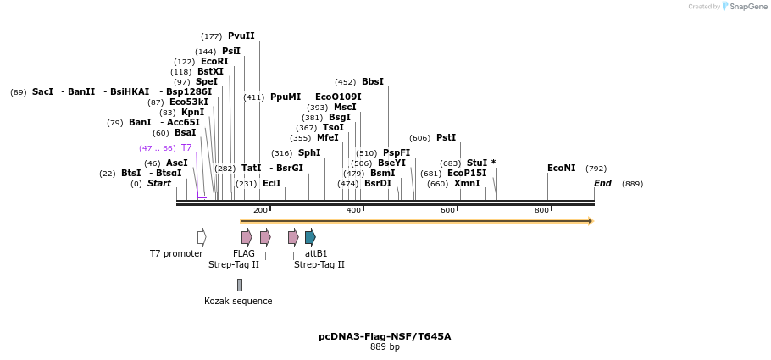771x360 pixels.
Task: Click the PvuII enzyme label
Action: pos(241,36)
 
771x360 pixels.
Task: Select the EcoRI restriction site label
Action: pos(214,62)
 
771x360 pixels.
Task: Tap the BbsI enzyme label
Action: pos(372,82)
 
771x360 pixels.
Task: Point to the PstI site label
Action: pos(446,138)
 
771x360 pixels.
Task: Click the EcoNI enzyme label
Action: pos(561,169)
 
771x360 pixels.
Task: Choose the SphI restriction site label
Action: pos(309,153)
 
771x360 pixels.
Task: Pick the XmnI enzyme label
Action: pos(466,184)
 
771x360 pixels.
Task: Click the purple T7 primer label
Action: pos(186,148)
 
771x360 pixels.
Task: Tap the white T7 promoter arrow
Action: pos(202,237)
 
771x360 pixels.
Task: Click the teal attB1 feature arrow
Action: pos(310,237)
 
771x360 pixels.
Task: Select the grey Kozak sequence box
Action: pos(240,285)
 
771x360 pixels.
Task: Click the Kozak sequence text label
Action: pos(238,301)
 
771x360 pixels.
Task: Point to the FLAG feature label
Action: pos(244,253)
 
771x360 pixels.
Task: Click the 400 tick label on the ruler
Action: pos(354,210)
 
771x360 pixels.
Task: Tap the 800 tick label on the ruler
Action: pos(541,210)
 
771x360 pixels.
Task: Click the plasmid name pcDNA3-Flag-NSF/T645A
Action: pos(385,336)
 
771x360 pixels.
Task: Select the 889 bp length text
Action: pos(385,347)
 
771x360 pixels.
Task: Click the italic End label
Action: pos(602,184)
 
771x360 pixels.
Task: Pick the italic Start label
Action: pos(158,184)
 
